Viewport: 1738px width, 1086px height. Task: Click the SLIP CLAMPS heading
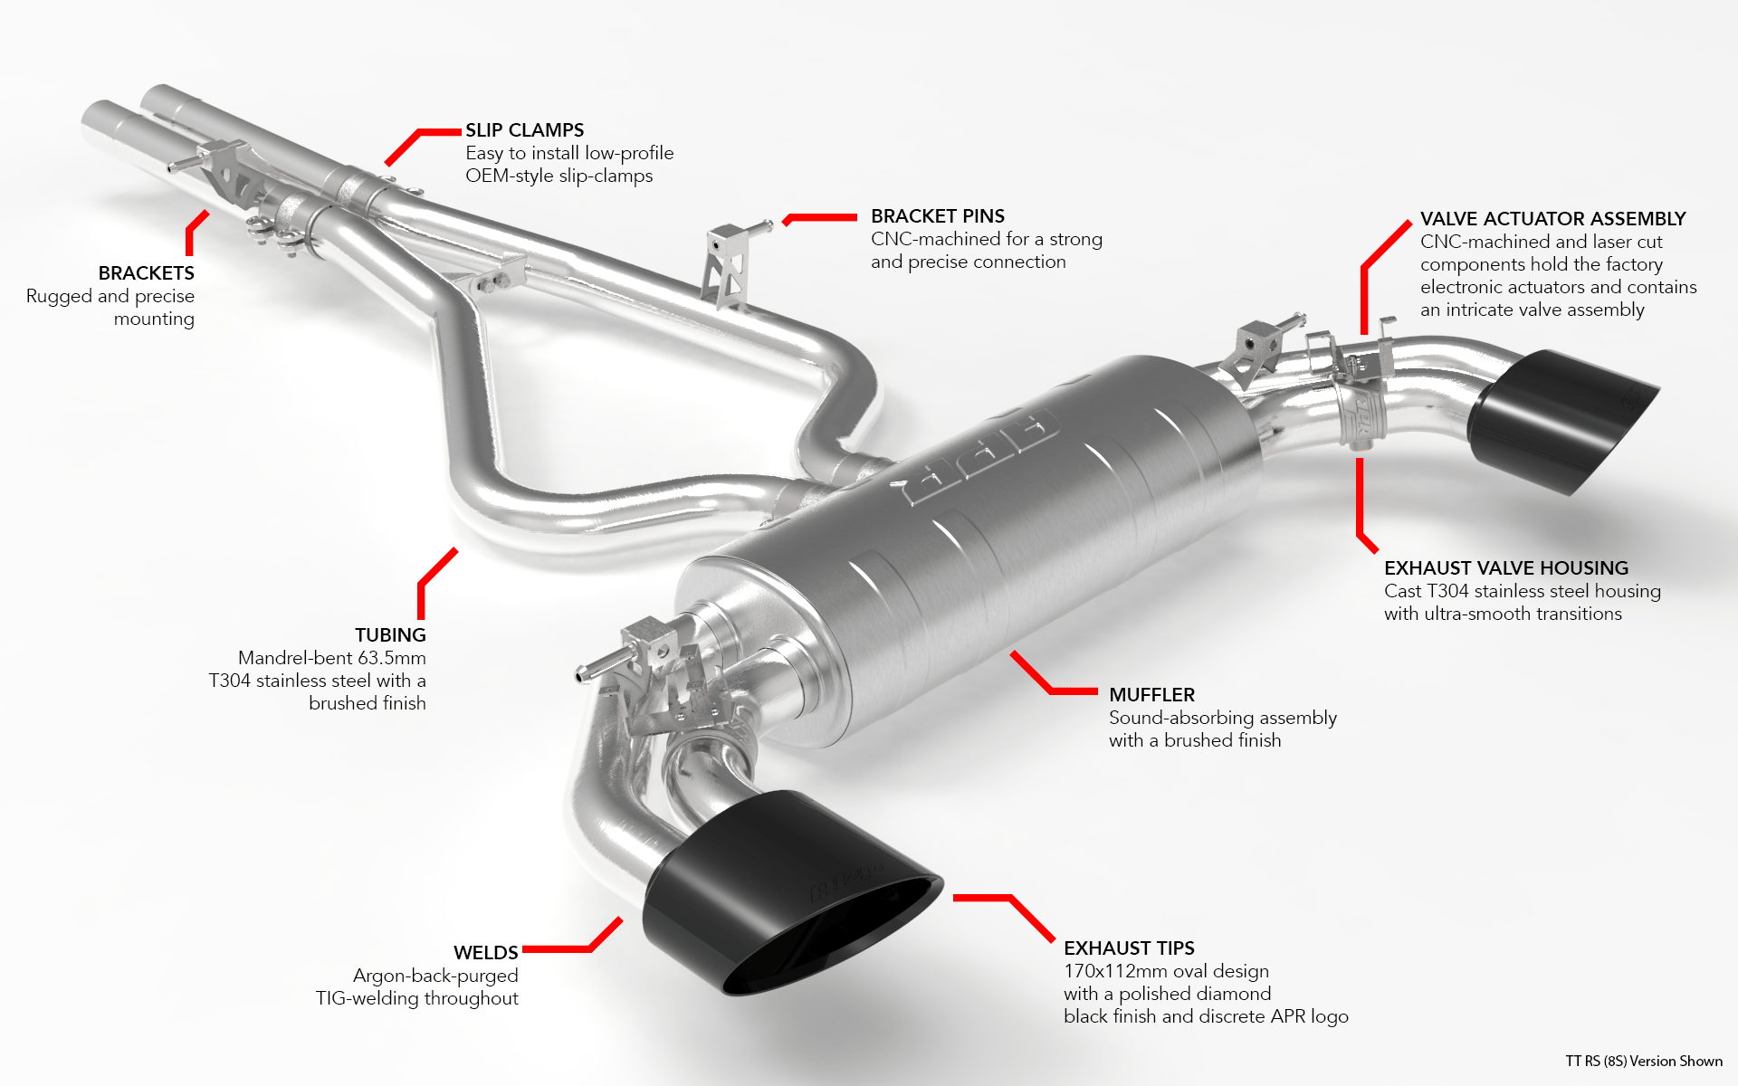point(524,130)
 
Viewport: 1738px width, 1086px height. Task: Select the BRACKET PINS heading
point(937,216)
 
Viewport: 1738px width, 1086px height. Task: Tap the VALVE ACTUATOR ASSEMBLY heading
point(1552,219)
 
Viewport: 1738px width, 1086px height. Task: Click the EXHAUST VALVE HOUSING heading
point(1505,568)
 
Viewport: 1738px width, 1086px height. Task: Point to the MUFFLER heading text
point(1151,695)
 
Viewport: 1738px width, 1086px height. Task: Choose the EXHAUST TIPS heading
point(1128,948)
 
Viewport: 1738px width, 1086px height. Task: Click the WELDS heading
point(485,953)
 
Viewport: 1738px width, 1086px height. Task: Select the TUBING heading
point(390,635)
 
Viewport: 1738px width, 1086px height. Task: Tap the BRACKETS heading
point(146,273)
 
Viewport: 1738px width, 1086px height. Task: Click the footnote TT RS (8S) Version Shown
point(1643,1062)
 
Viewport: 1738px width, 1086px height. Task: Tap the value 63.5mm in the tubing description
point(391,658)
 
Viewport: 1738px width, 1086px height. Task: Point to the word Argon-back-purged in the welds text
point(435,976)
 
